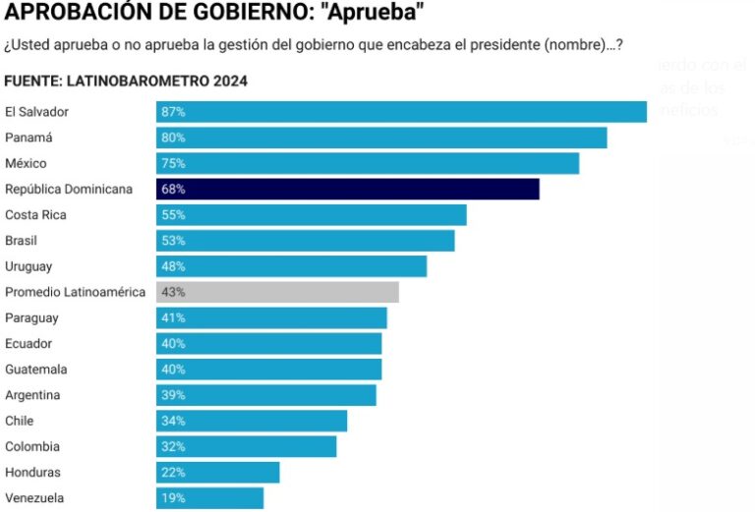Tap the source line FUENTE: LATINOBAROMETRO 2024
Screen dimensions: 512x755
[126, 80]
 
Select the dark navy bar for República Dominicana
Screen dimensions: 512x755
[347, 189]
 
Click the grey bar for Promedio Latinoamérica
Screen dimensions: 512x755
[277, 292]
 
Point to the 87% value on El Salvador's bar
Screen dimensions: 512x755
[173, 112]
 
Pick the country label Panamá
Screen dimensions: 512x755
[28, 138]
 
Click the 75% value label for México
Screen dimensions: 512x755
[173, 163]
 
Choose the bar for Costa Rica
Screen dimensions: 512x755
[311, 215]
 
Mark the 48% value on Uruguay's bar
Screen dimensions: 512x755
[173, 266]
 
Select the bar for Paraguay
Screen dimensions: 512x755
[271, 318]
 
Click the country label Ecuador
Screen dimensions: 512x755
[29, 344]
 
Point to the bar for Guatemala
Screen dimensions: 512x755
[268, 370]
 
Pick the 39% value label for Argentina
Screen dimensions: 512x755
[173, 395]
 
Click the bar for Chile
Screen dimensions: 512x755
[252, 421]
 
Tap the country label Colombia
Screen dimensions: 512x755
[31, 447]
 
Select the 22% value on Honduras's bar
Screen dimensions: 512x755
[173, 473]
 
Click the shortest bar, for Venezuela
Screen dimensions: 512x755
[209, 498]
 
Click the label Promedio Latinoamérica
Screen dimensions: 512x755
[75, 292]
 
